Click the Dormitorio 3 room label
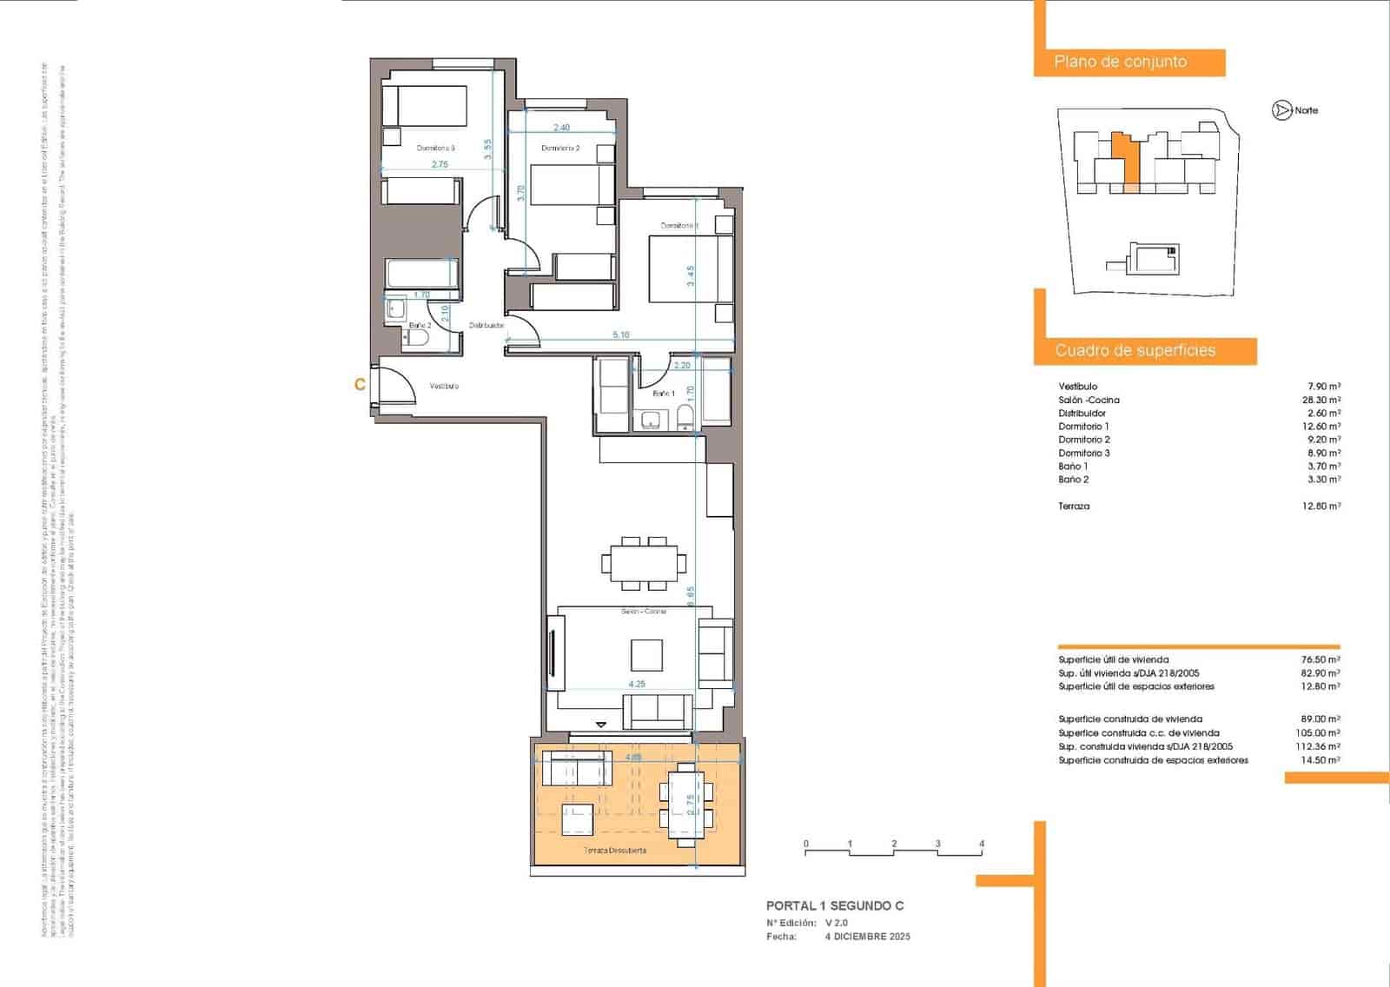pyautogui.click(x=435, y=148)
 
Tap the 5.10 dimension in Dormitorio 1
pyautogui.click(x=620, y=335)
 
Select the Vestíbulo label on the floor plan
pyautogui.click(x=444, y=386)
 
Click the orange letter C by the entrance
pyautogui.click(x=360, y=384)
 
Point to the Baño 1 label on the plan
pyautogui.click(x=664, y=394)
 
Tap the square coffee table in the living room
pyautogui.click(x=646, y=654)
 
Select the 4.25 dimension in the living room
pyautogui.click(x=637, y=684)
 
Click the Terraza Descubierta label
pyautogui.click(x=614, y=851)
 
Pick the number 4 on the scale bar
pyautogui.click(x=982, y=844)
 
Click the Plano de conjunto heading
pyautogui.click(x=1120, y=62)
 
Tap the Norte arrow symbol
pyautogui.click(x=1281, y=110)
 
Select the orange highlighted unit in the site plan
pyautogui.click(x=1125, y=161)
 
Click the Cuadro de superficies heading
pyautogui.click(x=1135, y=351)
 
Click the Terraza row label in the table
pyautogui.click(x=1074, y=506)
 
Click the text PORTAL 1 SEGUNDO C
pyautogui.click(x=834, y=905)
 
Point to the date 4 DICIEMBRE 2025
pyautogui.click(x=867, y=937)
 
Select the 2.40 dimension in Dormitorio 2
pyautogui.click(x=561, y=128)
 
